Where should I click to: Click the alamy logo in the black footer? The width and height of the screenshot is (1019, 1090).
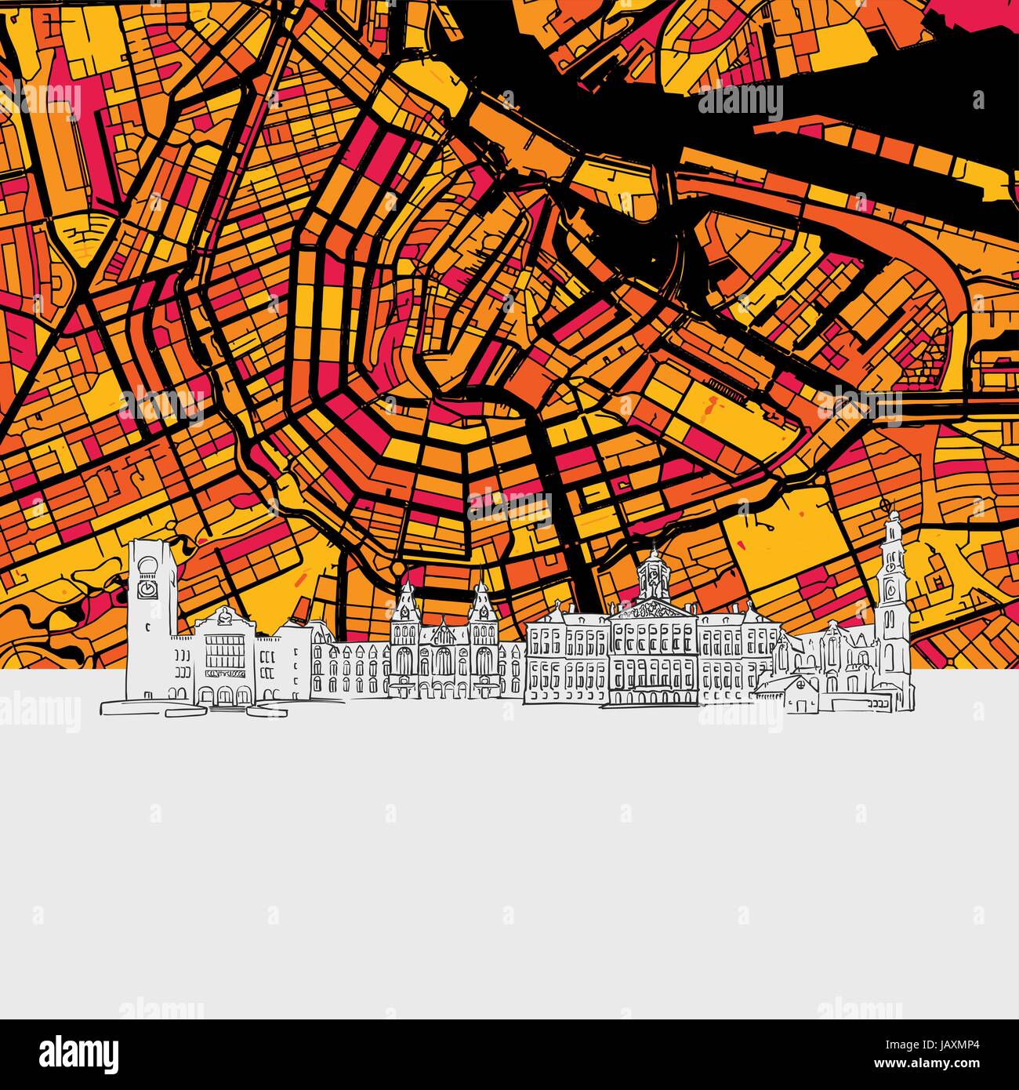pyautogui.click(x=78, y=1049)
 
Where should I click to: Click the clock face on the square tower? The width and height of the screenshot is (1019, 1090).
pyautogui.click(x=147, y=587)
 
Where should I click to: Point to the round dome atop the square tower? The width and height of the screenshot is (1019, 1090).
pyautogui.click(x=149, y=546)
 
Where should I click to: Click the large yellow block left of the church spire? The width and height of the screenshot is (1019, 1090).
pyautogui.click(x=784, y=549)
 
